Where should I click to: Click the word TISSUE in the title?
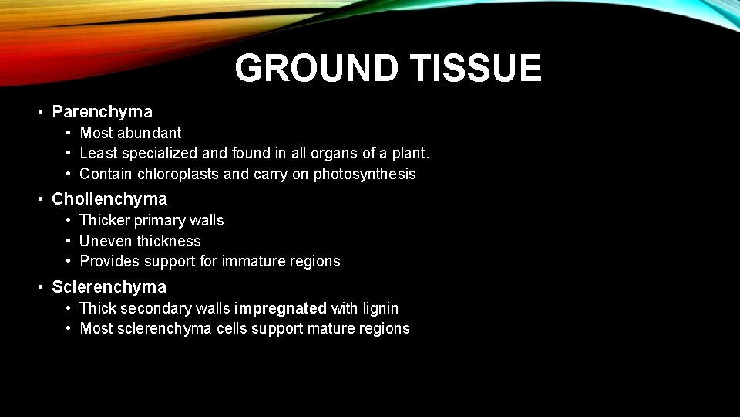pyautogui.click(x=475, y=69)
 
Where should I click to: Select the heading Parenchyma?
pyautogui.click(x=102, y=112)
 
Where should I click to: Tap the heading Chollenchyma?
pyautogui.click(x=109, y=199)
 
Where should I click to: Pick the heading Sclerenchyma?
pyautogui.click(x=109, y=287)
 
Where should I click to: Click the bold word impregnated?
pyautogui.click(x=281, y=309)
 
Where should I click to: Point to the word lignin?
pyautogui.click(x=380, y=309)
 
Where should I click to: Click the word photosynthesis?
pyautogui.click(x=365, y=175)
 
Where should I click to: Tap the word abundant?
pyautogui.click(x=150, y=134)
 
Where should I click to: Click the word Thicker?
pyautogui.click(x=105, y=221)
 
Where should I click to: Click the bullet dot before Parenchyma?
pyautogui.click(x=40, y=113)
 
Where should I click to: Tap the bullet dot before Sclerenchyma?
pyautogui.click(x=40, y=288)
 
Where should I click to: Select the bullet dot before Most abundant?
pyautogui.click(x=69, y=134)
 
